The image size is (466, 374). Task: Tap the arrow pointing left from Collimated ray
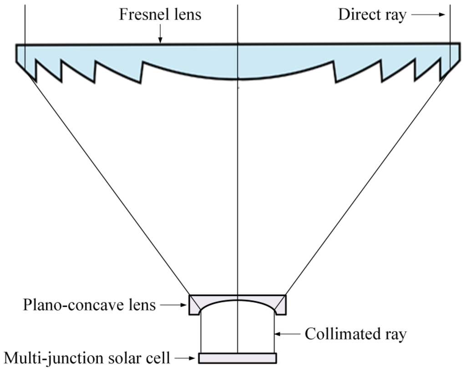pos(288,334)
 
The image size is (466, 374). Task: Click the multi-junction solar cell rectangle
pos(237,358)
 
